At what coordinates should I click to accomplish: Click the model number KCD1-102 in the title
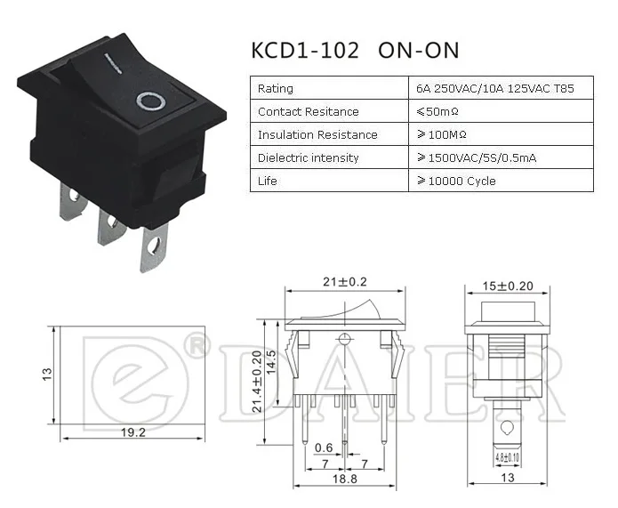point(305,51)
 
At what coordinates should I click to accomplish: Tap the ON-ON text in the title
point(419,51)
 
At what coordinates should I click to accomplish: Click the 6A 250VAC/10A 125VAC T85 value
point(495,88)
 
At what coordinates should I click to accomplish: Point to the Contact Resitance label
point(309,111)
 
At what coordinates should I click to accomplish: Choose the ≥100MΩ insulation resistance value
point(442,135)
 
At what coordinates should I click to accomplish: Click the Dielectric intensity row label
point(309,157)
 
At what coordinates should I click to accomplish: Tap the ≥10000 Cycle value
point(456,181)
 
